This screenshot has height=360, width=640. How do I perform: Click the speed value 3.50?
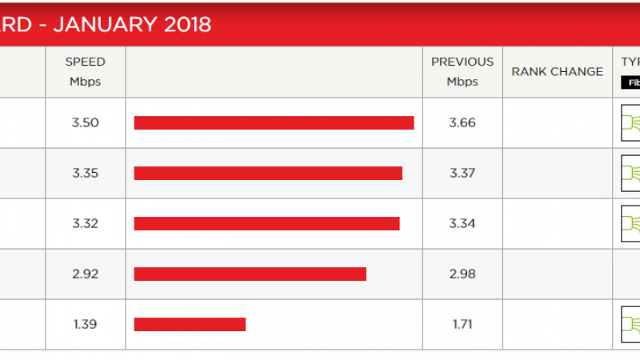(85, 122)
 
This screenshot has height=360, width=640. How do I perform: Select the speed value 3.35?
(85, 173)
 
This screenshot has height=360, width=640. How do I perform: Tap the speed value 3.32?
(85, 223)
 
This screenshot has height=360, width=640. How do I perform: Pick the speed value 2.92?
(85, 274)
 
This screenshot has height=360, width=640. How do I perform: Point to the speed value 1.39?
(85, 324)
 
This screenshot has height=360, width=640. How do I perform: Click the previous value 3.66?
(462, 122)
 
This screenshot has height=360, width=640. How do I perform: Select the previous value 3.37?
(462, 173)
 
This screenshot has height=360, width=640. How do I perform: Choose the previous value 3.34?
(462, 223)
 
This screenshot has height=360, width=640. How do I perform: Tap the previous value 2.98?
(462, 274)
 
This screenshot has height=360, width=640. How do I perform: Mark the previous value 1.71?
(462, 324)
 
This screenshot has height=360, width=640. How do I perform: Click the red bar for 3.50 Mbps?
(274, 122)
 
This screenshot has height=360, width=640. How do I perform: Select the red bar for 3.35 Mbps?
(268, 173)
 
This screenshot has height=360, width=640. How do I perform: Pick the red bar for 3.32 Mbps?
(266, 223)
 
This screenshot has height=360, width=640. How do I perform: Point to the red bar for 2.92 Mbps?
(250, 274)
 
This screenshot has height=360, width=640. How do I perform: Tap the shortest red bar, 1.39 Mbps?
(190, 324)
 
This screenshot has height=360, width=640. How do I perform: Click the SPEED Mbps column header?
(86, 71)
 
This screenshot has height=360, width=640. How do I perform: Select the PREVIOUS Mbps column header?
(462, 71)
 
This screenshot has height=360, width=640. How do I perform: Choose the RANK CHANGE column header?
(557, 71)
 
